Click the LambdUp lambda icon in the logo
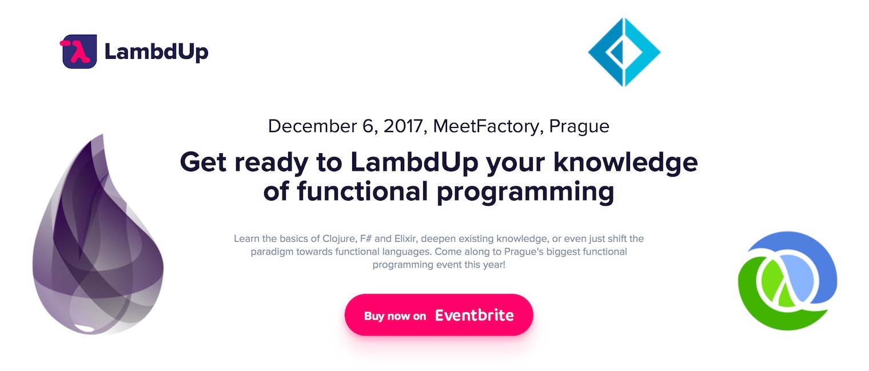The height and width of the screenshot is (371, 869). tap(78, 51)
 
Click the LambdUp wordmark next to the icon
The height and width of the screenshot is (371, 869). tap(156, 52)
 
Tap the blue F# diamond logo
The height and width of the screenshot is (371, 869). tap(624, 52)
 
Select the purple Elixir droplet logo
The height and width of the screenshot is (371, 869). tap(98, 234)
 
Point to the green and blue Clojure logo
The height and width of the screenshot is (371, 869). tap(788, 281)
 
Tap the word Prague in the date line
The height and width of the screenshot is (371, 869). tap(579, 127)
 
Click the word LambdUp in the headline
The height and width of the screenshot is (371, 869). tap(414, 162)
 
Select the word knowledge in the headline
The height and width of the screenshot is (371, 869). tap(625, 162)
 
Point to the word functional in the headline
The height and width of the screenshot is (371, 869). tap(362, 191)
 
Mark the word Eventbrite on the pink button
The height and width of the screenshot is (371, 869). tap(475, 315)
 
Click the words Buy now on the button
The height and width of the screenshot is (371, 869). tap(395, 316)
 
